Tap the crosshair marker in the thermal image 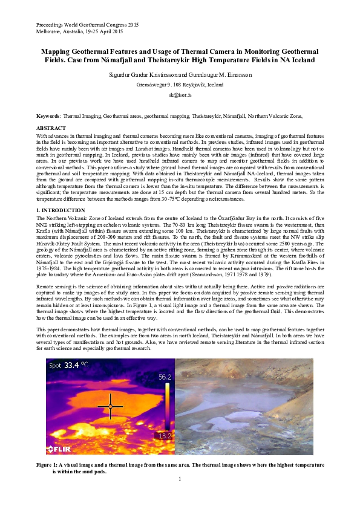coord(110,406)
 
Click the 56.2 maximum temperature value coord(165,377)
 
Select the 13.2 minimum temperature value coord(165,435)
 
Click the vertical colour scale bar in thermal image coord(165,406)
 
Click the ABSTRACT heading coord(51,128)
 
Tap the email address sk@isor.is coord(180,95)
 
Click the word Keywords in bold coord(48,115)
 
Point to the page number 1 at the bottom coord(180,479)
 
